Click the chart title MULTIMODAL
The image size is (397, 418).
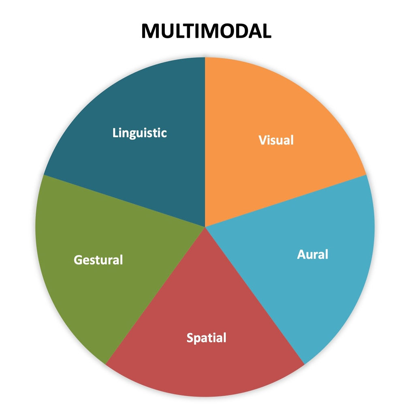pos(206,31)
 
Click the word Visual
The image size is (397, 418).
pos(276,140)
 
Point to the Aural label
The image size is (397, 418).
pos(312,255)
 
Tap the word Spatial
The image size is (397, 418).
pos(206,338)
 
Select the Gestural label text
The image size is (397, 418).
pos(98,259)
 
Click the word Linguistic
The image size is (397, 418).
pos(140,133)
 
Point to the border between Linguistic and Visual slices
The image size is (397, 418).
pos(205,142)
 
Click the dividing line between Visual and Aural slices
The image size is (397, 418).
pos(286,201)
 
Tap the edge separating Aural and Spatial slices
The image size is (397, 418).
pos(255,296)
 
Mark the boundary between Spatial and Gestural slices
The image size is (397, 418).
pos(155,296)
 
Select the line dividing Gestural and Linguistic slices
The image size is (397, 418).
pos(124,201)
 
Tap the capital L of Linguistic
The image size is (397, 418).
pos(115,133)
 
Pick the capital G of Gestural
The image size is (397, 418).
pos(78,259)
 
